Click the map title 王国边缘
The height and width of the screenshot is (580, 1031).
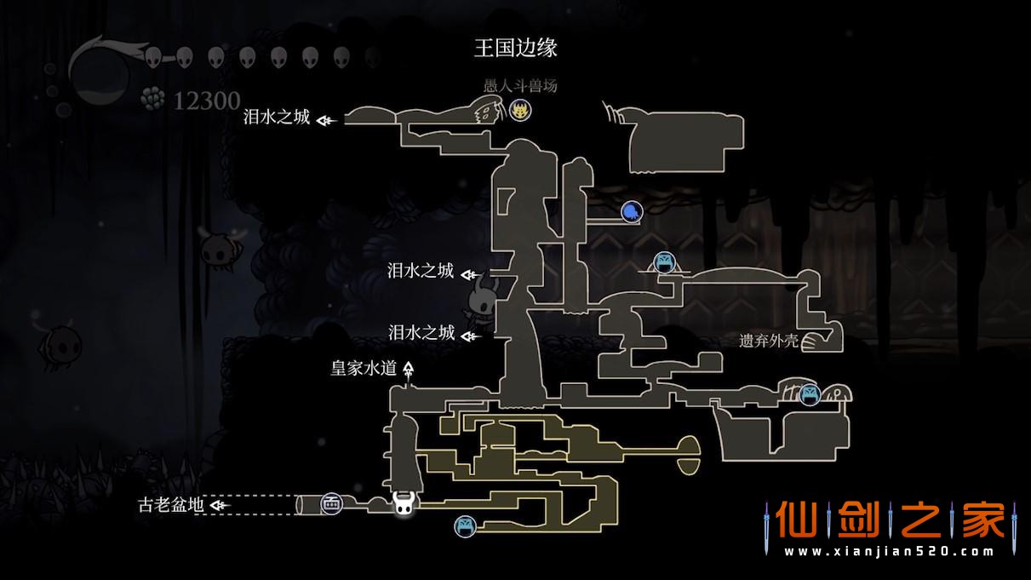coord(515,48)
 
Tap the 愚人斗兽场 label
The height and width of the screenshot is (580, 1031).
coord(520,86)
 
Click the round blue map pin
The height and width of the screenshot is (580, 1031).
coord(631,211)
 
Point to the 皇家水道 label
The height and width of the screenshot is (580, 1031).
coord(364,369)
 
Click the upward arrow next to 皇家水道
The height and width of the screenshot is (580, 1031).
coord(409,370)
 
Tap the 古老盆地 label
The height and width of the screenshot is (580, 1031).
coord(170,505)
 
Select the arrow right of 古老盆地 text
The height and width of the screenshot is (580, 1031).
coord(220,505)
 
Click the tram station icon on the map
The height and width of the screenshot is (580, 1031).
coord(331,504)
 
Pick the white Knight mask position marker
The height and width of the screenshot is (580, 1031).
coord(404,504)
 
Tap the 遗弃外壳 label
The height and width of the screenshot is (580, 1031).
coord(769,342)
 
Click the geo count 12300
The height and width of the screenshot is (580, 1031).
coord(207,101)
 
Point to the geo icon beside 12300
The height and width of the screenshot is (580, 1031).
coord(153,100)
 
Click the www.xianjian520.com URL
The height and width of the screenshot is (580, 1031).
coord(889,552)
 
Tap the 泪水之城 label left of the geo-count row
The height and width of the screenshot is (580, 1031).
coord(277,118)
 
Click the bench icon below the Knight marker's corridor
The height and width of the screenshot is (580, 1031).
coord(464,526)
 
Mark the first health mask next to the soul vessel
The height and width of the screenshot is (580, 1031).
coord(154,57)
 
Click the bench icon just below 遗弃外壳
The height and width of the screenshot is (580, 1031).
coord(810,394)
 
